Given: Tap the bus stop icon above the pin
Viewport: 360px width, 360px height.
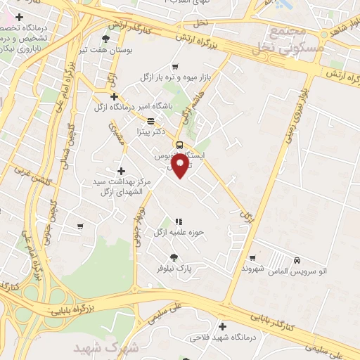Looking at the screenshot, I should pyautogui.click(x=180, y=144).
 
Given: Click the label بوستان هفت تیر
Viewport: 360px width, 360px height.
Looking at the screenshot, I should pyautogui.click(x=106, y=50).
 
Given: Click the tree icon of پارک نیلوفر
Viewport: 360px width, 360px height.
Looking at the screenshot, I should pyautogui.click(x=174, y=257).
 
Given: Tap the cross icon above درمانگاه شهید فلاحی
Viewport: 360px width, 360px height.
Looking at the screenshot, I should pyautogui.click(x=222, y=326).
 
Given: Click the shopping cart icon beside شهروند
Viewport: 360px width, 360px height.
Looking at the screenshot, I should pyautogui.click(x=252, y=258).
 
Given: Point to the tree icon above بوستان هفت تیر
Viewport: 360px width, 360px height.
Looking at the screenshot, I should pyautogui.click(x=106, y=39).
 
